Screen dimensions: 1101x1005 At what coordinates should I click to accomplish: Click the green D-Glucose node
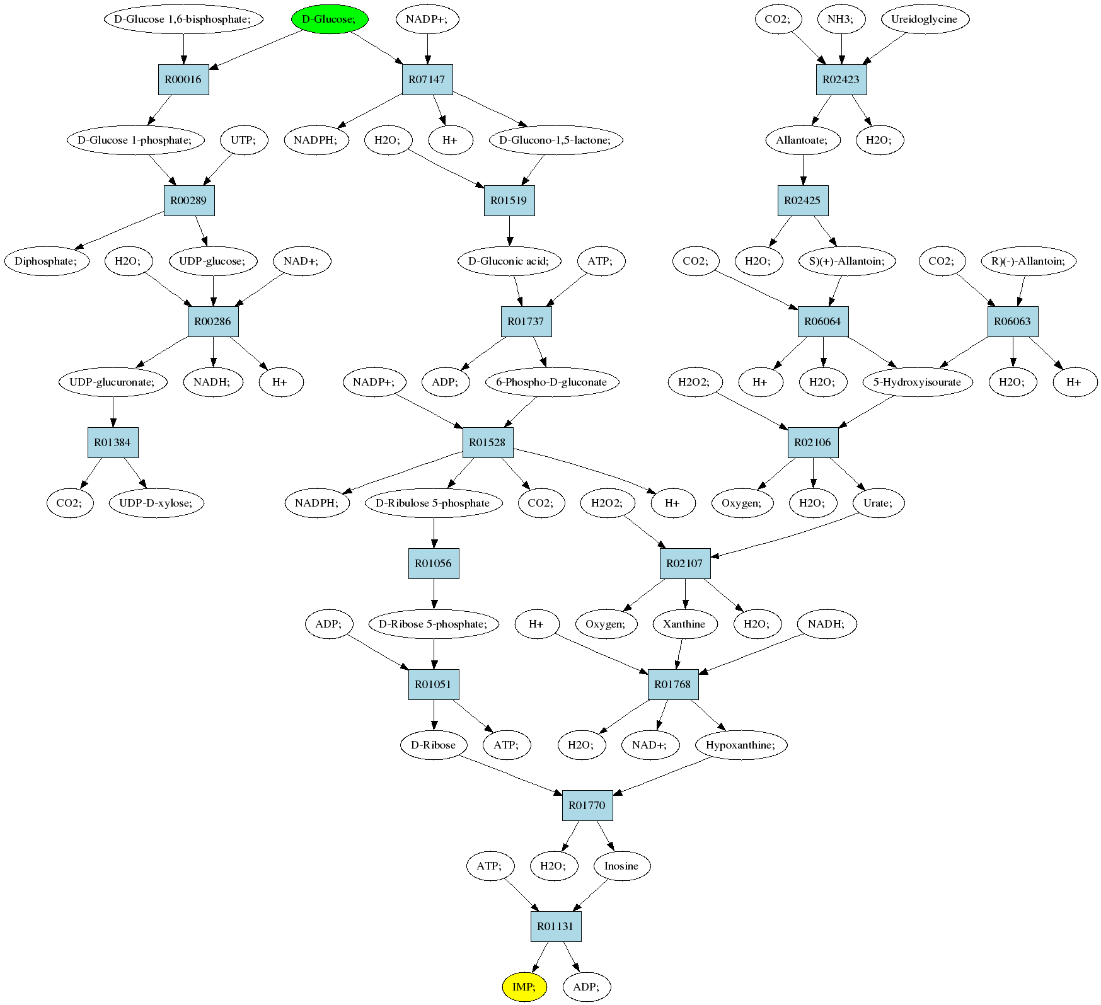pos(330,19)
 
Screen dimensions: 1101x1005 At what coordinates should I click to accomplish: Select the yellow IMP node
pos(524,987)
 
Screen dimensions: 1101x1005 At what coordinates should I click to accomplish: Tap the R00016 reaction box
pos(183,79)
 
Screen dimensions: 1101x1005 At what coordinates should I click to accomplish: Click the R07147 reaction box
pos(427,79)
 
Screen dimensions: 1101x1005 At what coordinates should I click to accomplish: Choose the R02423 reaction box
pos(841,79)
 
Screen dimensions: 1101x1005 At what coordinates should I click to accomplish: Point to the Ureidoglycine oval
pos(924,19)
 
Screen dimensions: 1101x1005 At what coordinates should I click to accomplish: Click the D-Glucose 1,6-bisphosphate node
pos(183,19)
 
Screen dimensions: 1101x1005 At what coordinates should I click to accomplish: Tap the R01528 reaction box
pos(488,442)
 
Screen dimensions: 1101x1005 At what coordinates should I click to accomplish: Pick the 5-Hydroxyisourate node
pos(917,382)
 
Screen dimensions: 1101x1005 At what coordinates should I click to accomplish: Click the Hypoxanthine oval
pos(741,745)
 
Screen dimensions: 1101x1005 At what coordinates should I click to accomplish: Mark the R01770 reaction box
pos(587,805)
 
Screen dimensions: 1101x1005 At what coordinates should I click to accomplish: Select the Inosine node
pos(622,866)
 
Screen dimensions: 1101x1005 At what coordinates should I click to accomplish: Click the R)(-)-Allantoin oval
pos(1029,261)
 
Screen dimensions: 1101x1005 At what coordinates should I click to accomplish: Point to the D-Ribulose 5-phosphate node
pos(434,503)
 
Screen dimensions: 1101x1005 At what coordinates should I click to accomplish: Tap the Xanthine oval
pos(684,624)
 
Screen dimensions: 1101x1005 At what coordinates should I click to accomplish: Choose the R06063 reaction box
pos(1013,321)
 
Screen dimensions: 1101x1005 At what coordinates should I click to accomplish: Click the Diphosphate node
pos(47,261)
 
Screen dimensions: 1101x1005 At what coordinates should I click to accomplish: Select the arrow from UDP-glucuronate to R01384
pos(113,412)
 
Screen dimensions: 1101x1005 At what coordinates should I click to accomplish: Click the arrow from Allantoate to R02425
pos(803,170)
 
